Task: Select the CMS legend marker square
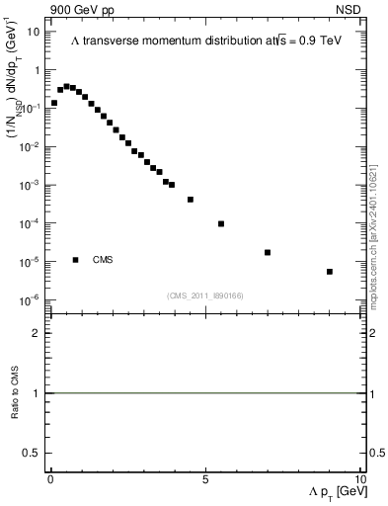pyautogui.click(x=76, y=260)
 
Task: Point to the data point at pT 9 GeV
pyautogui.click(x=329, y=271)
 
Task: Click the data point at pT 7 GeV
pyautogui.click(x=268, y=252)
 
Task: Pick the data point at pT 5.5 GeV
pyautogui.click(x=221, y=223)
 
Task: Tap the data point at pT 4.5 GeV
pyautogui.click(x=191, y=200)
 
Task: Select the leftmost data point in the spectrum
pyautogui.click(x=54, y=102)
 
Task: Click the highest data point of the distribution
pyautogui.click(x=66, y=86)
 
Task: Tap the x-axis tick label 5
pyautogui.click(x=205, y=479)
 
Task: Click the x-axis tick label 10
pyautogui.click(x=359, y=479)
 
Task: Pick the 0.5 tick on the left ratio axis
pyautogui.click(x=31, y=453)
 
